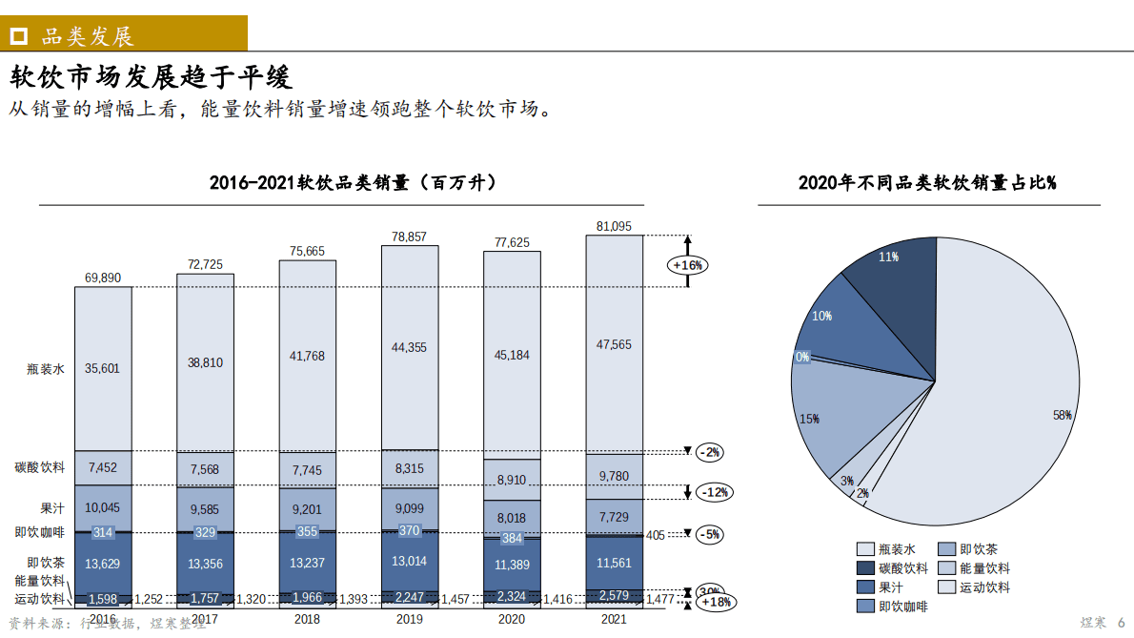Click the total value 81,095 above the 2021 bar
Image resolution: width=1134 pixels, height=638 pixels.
coord(614,226)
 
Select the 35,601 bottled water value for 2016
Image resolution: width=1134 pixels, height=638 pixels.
coord(102,368)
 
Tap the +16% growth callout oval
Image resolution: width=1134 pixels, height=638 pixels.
coord(688,265)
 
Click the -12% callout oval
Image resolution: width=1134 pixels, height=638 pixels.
coord(714,492)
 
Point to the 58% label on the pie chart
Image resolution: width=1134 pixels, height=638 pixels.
coord(1063,415)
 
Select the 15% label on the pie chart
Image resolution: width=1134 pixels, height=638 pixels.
coord(809,419)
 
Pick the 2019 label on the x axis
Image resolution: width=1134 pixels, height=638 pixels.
coord(410,620)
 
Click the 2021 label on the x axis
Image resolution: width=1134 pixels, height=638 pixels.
coord(614,620)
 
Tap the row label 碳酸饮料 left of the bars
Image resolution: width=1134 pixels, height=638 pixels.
coord(40,467)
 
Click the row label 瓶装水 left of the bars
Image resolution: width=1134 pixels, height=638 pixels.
coord(46,368)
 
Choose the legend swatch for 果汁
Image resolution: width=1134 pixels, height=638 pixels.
coord(865,587)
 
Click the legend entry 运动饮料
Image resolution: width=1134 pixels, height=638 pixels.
coord(984,587)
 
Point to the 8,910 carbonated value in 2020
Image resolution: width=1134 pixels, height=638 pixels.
coord(512,481)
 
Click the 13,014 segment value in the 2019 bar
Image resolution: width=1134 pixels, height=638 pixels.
coord(410,561)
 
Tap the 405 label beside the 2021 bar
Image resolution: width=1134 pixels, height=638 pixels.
coord(656,535)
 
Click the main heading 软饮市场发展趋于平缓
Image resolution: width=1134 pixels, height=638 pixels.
coord(151,76)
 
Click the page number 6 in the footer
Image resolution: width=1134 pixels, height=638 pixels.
coord(1121,622)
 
